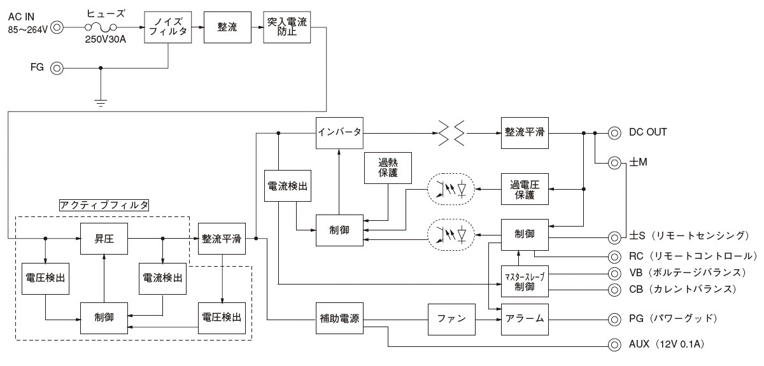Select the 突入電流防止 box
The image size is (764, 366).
287,27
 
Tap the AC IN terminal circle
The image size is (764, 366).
57,27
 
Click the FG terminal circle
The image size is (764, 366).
57,67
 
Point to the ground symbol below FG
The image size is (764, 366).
101,101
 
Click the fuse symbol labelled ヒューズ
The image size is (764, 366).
101,27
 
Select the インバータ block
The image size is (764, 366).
339,132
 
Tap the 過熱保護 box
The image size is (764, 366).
388,169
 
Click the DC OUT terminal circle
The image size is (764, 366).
614,132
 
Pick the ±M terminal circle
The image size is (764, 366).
614,163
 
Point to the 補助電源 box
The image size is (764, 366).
339,318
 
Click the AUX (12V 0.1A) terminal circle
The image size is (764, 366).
614,345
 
